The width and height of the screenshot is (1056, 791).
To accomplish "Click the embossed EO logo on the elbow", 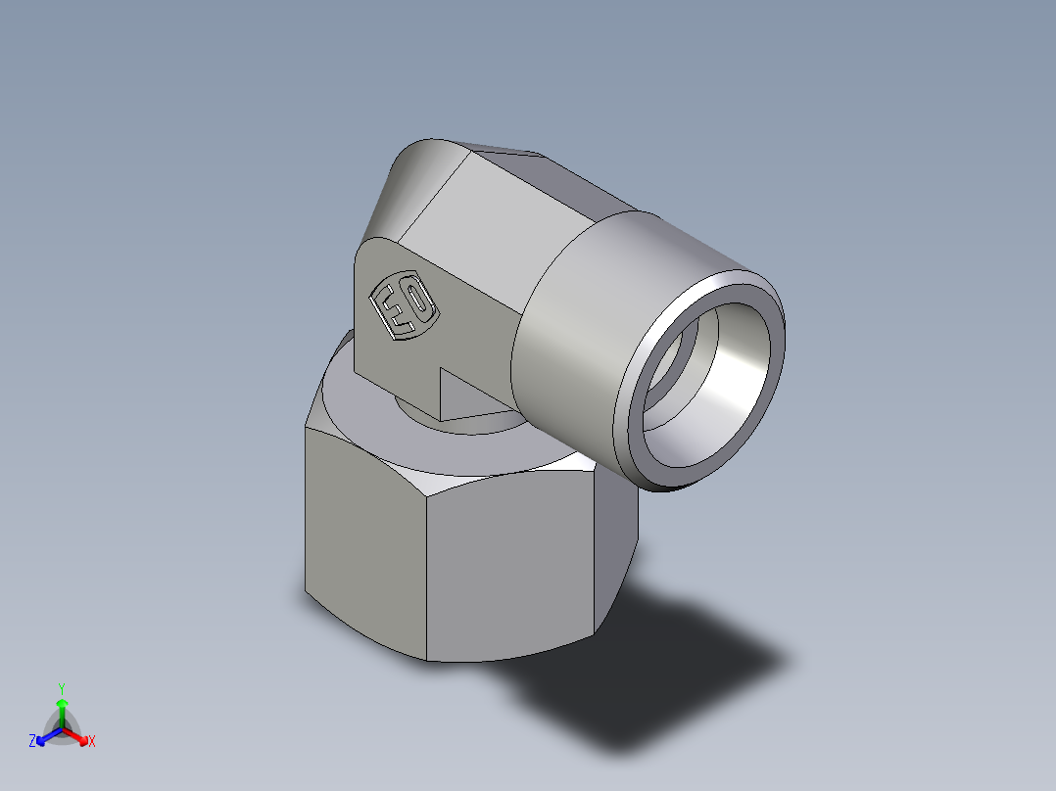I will coord(403,303).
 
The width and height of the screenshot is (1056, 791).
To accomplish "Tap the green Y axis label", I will coord(62,687).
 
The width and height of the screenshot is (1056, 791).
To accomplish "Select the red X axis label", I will coord(92,742).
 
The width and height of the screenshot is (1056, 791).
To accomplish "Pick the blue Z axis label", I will coord(32,742).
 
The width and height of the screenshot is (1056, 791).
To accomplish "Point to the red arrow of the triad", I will coord(78,735).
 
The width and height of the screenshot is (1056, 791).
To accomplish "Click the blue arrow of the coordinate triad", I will coord(45,735).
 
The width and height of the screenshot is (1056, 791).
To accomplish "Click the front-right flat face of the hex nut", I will coord(509,568).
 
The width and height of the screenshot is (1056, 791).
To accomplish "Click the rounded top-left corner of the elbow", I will coord(411,171).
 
